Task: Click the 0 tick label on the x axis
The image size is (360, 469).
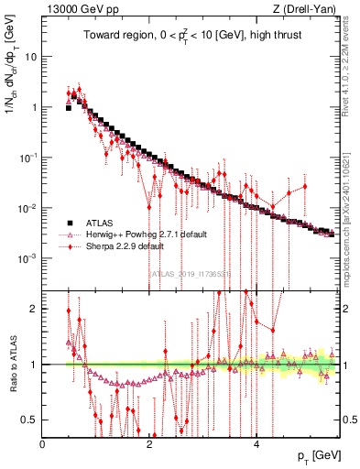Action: click(x=42, y=443)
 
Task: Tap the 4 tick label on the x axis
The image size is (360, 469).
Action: click(x=256, y=443)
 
